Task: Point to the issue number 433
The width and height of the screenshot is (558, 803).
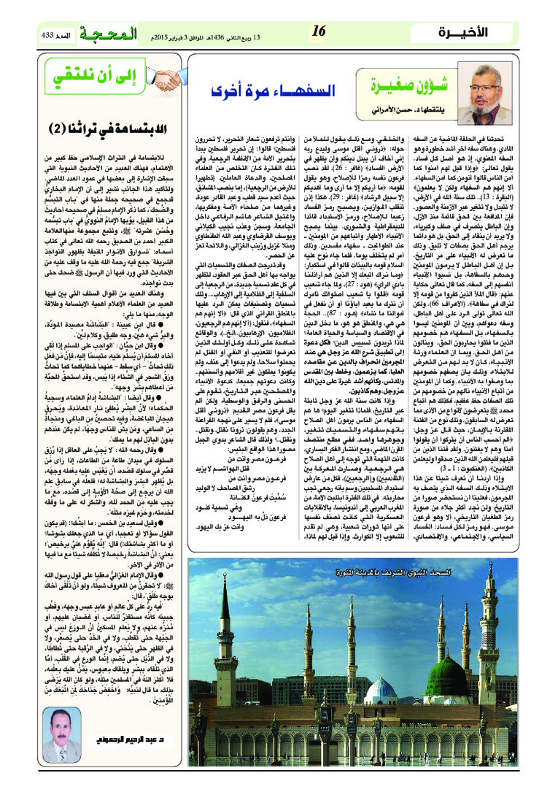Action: tap(44, 35)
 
